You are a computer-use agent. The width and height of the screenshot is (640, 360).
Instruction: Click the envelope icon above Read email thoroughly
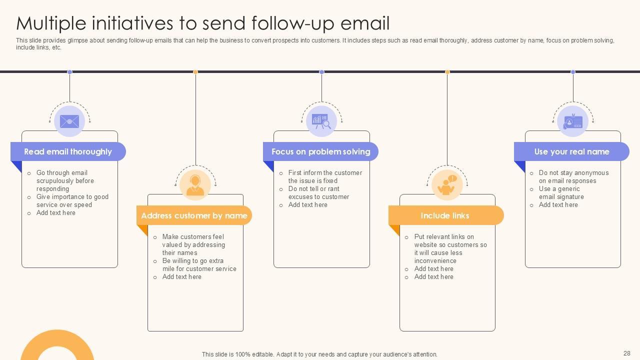(x=69, y=121)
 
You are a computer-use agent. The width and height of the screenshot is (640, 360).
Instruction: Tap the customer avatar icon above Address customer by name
(x=195, y=185)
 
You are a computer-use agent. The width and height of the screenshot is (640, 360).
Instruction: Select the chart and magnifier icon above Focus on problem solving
(x=321, y=121)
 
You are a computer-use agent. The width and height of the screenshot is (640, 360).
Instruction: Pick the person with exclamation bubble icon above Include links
(x=447, y=185)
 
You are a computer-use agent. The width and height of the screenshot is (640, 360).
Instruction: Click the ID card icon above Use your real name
(x=572, y=121)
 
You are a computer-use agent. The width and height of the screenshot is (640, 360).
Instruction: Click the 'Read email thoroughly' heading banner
(x=68, y=151)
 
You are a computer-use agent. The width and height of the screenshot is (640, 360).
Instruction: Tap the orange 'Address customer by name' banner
(x=194, y=215)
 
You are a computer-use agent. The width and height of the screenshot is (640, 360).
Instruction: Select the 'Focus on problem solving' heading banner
(x=320, y=151)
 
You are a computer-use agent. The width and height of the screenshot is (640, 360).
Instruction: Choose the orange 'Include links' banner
(x=445, y=215)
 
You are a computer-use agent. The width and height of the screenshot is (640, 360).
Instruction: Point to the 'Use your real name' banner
(x=571, y=151)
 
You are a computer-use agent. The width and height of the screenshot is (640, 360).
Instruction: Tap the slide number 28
(x=627, y=353)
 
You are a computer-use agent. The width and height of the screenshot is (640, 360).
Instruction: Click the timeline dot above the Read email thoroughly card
(x=69, y=72)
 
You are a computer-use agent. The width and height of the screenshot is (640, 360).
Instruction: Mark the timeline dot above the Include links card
(x=447, y=72)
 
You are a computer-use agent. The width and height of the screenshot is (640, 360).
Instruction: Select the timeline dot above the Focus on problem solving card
(x=321, y=72)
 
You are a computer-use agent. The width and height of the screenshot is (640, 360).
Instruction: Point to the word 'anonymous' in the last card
(x=591, y=173)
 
